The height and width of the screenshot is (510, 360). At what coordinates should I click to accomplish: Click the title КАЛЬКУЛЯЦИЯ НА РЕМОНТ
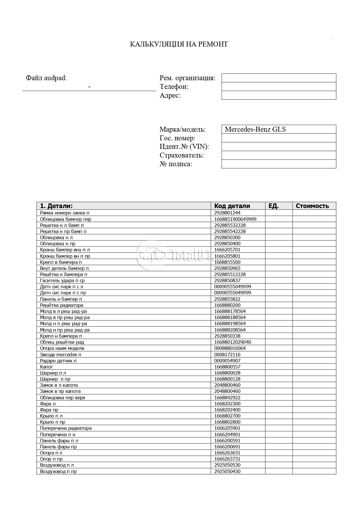coord(179,44)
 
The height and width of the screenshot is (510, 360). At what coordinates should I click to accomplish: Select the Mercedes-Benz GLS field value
coord(255,129)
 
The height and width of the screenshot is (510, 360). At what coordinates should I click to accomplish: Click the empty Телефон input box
coord(279,87)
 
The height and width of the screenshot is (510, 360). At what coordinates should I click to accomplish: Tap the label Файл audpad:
coord(46,78)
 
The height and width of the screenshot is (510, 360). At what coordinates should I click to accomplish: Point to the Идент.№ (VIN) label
coord(184,146)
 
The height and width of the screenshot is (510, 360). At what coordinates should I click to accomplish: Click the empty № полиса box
coord(279,164)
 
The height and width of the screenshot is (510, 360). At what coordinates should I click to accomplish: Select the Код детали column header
coord(232,206)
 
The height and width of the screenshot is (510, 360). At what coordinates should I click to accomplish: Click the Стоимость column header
coord(312,206)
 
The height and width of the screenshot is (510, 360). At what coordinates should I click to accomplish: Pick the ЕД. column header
coord(273,206)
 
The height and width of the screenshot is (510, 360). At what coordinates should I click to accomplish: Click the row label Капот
coord(46,367)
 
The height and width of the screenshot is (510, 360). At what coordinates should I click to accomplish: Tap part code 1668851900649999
coord(235,219)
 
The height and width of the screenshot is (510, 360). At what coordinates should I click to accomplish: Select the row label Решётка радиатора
coord(62,305)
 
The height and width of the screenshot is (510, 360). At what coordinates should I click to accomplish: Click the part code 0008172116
coord(227,355)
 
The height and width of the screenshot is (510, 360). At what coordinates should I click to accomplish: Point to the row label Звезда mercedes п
coord(60,355)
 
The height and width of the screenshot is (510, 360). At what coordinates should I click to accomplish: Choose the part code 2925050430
coord(227,471)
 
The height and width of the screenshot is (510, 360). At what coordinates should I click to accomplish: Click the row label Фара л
coord(48,404)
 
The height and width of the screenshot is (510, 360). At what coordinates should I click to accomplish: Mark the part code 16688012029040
coord(233,342)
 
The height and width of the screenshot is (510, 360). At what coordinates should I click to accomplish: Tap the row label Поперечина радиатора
coord(66,428)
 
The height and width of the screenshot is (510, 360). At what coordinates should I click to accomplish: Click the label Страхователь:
coord(181,155)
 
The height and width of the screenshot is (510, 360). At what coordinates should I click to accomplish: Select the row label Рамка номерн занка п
coord(64,213)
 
